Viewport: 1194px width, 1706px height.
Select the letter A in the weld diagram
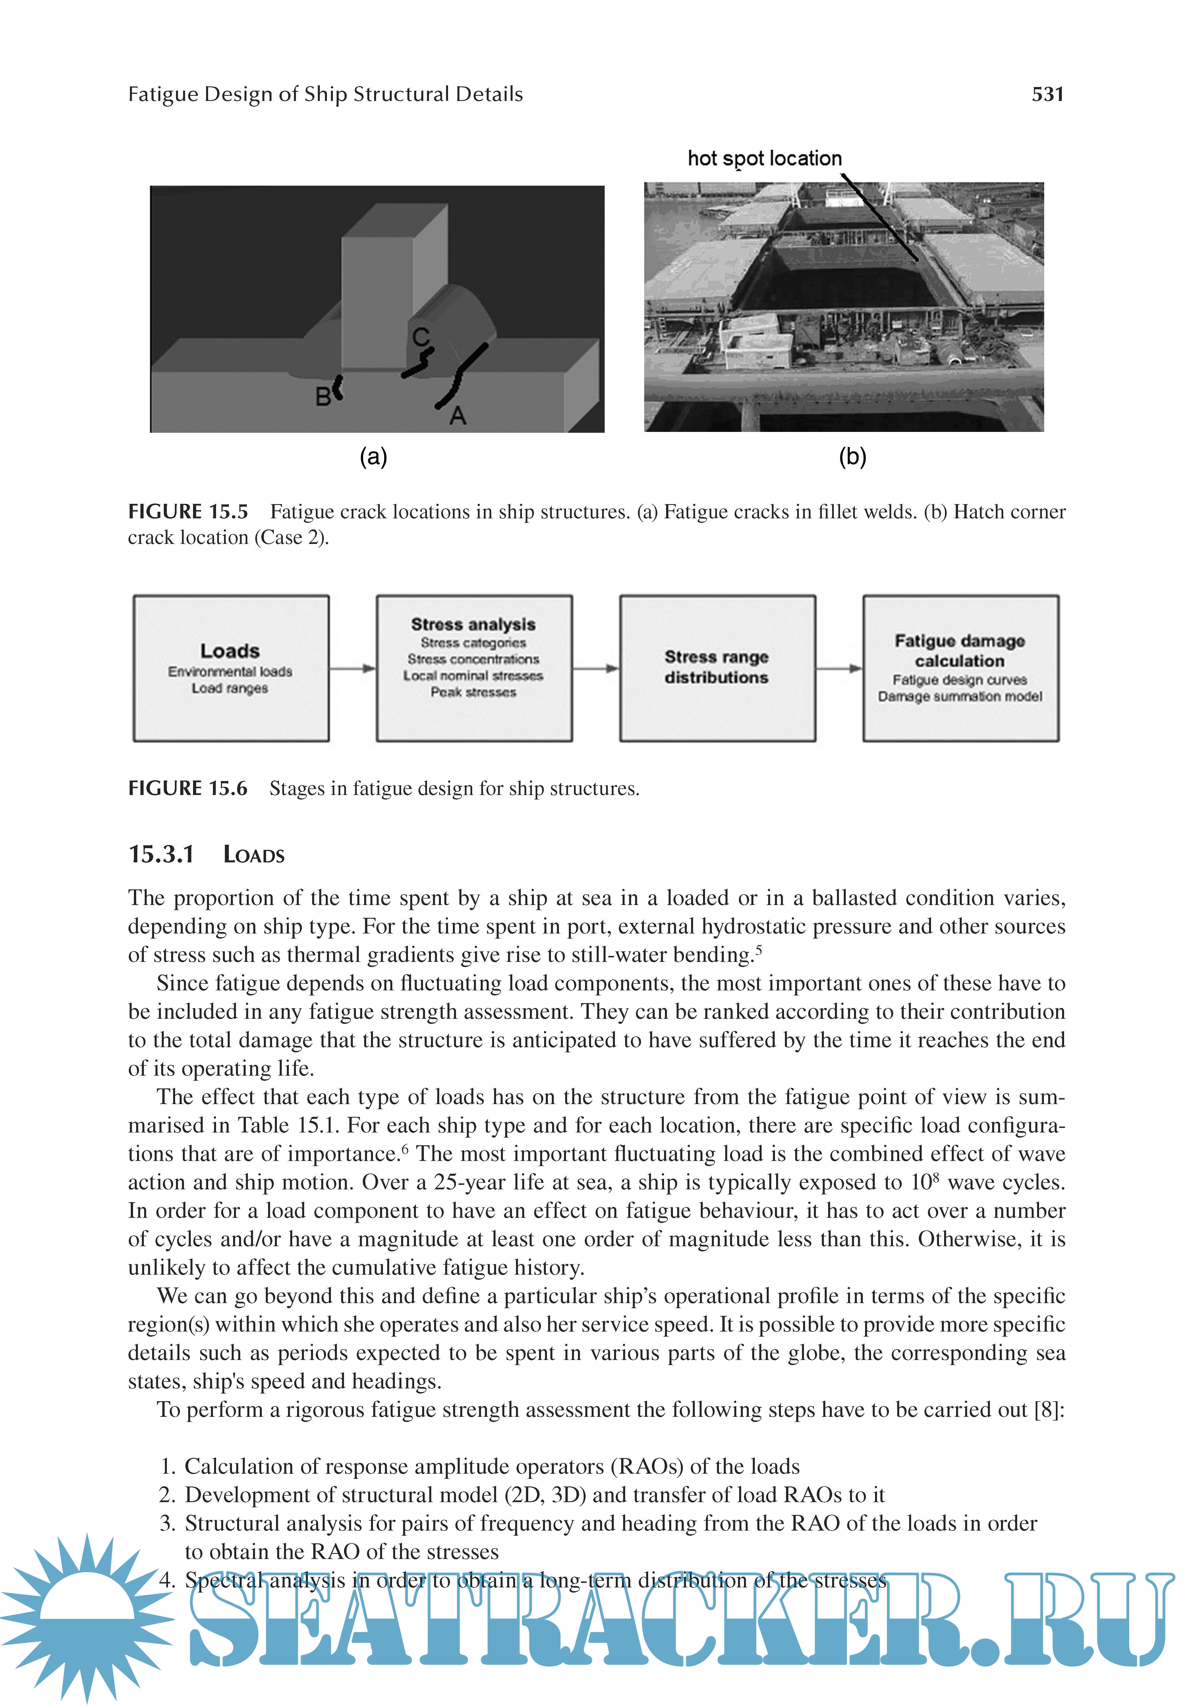(458, 415)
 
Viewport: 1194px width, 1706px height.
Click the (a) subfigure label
(373, 456)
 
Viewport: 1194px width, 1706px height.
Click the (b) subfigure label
(852, 456)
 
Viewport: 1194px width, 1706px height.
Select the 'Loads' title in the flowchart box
(230, 651)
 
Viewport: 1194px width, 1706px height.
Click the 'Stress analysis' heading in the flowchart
(473, 624)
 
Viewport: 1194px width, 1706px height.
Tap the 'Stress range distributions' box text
(716, 667)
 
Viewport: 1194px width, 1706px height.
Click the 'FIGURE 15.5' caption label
(188, 512)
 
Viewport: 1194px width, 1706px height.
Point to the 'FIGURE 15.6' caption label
(188, 788)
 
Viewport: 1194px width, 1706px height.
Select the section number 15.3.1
(161, 854)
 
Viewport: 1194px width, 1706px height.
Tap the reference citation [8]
(1047, 1409)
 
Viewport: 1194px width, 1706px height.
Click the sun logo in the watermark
(87, 1616)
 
